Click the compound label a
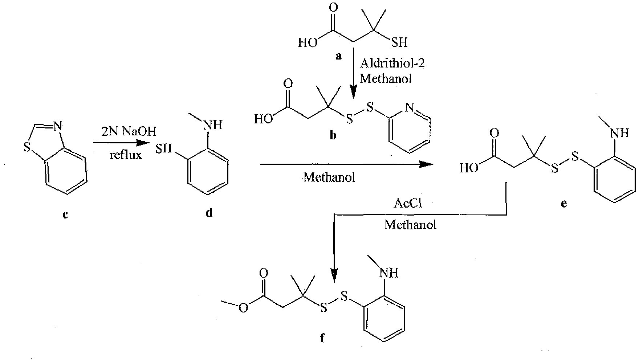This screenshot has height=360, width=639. coord(339,56)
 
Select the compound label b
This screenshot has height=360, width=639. coord(333,136)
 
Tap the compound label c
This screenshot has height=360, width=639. coord(65,215)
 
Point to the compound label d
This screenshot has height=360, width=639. coord(209,212)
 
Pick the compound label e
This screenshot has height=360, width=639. coord(563,204)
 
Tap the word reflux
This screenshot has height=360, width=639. coord(125,155)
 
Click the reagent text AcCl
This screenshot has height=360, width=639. coord(408,203)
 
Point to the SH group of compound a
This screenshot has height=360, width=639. coord(399,42)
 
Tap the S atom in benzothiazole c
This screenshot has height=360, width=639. coord(27,148)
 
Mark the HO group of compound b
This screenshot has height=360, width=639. coord(264,119)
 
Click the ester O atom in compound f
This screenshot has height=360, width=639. coord(243,307)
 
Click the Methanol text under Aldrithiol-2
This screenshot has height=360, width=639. coord(386,78)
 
